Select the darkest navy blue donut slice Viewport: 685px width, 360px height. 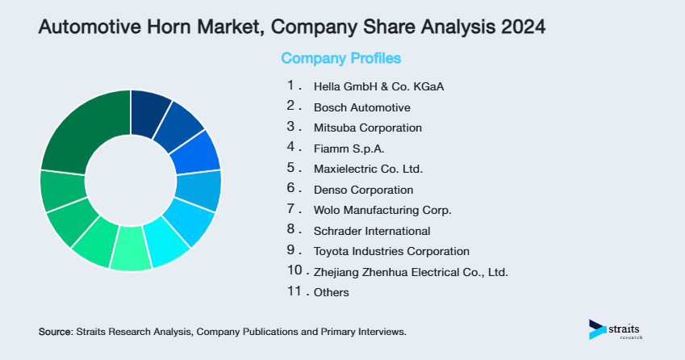click(148, 108)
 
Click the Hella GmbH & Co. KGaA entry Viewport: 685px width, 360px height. click(379, 86)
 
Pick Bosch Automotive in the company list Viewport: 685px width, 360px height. click(362, 107)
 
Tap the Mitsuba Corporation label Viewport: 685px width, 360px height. click(367, 128)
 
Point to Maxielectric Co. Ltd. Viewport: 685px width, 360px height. click(368, 170)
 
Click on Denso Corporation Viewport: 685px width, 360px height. click(363, 190)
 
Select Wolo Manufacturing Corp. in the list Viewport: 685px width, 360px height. click(382, 211)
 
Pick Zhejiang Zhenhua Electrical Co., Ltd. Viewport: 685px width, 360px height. click(411, 272)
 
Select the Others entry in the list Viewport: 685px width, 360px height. click(331, 293)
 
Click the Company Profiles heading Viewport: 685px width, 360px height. click(340, 59)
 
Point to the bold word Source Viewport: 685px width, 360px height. click(55, 332)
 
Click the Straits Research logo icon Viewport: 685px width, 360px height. click(597, 329)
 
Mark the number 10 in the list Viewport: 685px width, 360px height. click(294, 271)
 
